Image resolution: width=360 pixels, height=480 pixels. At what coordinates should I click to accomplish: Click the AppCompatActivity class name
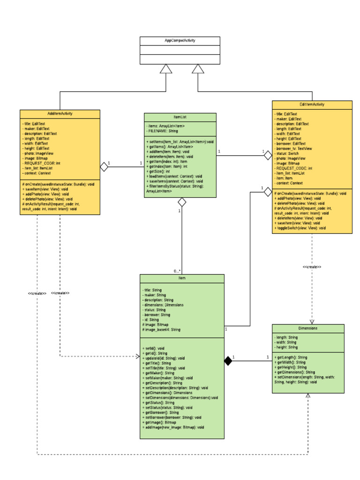point(180,41)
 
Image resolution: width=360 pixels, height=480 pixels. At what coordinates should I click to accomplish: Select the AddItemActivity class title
point(60,113)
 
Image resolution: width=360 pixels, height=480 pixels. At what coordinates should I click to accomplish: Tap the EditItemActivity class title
point(312,105)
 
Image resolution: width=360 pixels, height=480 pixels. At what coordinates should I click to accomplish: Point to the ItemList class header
point(180,117)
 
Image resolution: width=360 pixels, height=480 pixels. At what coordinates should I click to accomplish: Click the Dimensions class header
point(307,328)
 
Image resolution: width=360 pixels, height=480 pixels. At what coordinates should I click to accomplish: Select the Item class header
point(182,278)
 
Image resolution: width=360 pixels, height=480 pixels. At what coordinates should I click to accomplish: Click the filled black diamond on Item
point(228,360)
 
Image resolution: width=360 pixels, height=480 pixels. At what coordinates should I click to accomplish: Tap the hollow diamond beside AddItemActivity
point(104,167)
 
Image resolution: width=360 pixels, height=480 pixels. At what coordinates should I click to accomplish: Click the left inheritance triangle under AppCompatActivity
point(166,69)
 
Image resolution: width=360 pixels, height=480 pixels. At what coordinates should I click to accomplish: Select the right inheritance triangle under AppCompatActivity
point(198,69)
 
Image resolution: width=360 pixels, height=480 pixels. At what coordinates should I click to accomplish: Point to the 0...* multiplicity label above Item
point(177,271)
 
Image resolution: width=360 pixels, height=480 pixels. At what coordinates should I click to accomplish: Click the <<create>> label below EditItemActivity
point(312,267)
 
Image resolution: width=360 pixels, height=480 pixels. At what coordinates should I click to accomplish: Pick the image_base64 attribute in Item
point(161,330)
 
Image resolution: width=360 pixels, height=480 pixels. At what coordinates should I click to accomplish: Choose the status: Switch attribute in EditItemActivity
point(287,153)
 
